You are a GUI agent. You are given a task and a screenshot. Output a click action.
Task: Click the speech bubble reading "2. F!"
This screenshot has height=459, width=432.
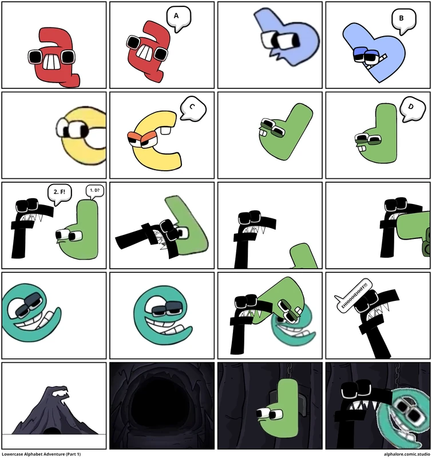pos(59,192)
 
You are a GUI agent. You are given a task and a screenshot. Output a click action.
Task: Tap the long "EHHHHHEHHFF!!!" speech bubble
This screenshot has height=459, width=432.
pos(352,301)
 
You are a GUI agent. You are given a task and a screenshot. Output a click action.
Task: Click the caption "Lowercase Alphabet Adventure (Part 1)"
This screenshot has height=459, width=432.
pos(41,454)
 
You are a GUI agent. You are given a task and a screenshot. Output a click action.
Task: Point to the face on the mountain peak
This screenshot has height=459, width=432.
pos(60,394)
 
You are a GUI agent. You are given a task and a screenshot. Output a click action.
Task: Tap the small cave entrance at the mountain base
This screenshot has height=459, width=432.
pos(50,430)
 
